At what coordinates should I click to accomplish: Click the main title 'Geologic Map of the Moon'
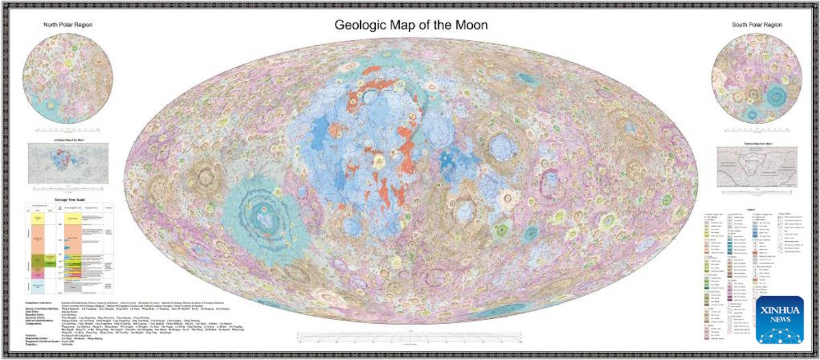[x=411, y=25]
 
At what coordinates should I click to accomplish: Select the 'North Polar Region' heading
[x=68, y=25]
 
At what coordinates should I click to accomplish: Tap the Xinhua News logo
[x=780, y=319]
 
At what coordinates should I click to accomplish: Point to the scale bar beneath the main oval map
[x=411, y=335]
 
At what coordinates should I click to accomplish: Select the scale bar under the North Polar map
[x=68, y=128]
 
